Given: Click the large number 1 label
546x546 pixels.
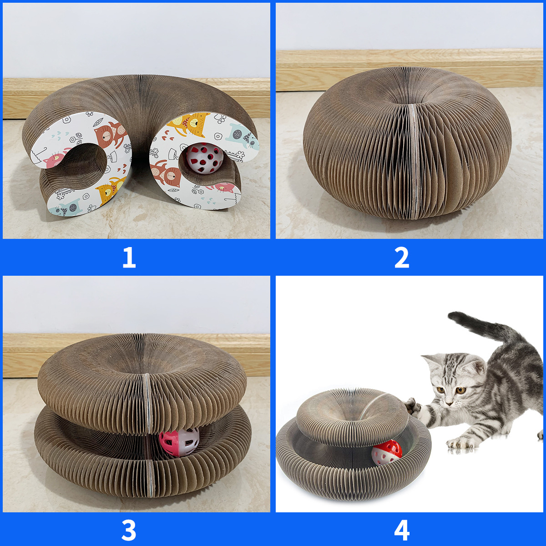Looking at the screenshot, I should (x=129, y=258).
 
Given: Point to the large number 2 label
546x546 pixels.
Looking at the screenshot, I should (x=402, y=258).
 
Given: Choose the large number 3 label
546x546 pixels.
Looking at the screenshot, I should (x=129, y=530).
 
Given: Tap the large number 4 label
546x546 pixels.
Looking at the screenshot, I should (x=402, y=530).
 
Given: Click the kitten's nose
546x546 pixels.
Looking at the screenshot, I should (x=450, y=403).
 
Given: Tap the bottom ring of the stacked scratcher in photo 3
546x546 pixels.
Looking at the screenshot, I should (x=91, y=460).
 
